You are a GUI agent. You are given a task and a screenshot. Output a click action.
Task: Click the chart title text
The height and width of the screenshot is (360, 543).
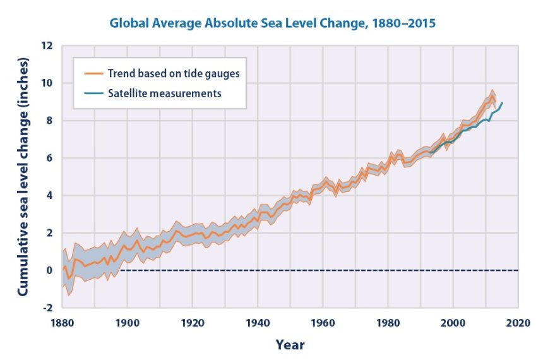[x=273, y=24]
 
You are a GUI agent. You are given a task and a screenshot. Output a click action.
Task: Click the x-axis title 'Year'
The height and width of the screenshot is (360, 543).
[x=290, y=345]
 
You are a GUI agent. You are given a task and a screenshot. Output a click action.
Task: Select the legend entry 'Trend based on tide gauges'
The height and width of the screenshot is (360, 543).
[x=172, y=73]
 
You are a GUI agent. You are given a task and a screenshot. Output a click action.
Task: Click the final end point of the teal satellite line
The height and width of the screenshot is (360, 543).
[x=502, y=103]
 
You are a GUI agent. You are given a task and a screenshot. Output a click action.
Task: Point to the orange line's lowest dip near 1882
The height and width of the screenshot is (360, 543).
[x=68, y=279]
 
